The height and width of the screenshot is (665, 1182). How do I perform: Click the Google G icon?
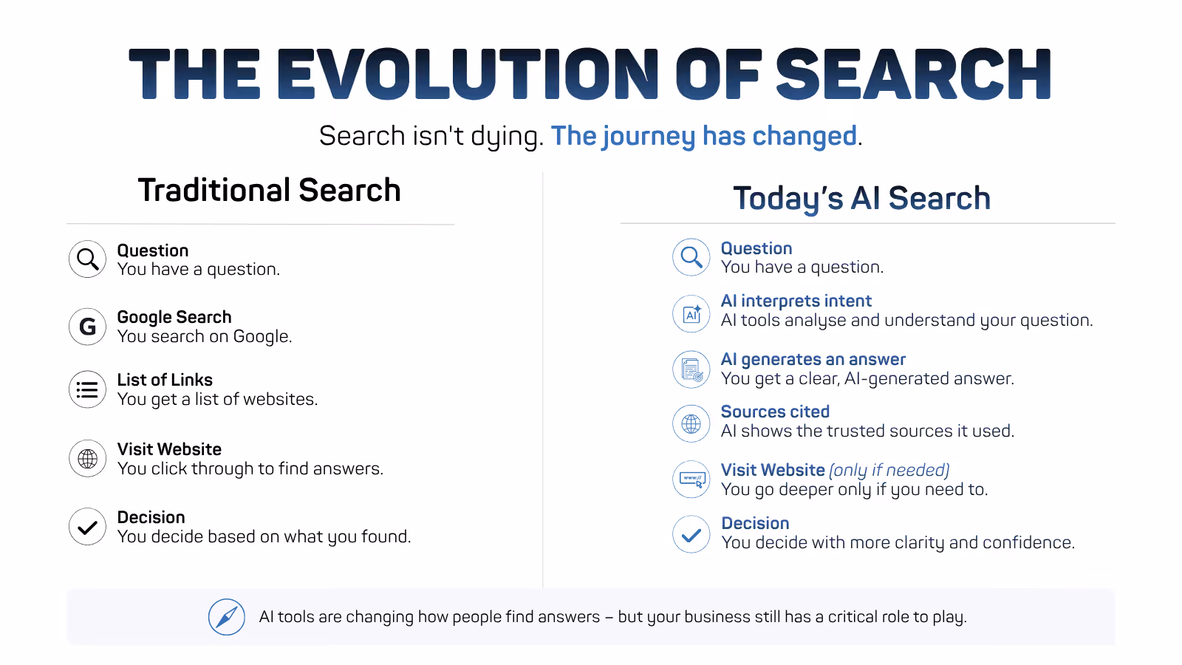(x=88, y=327)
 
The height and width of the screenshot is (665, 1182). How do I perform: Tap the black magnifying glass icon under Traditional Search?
(x=88, y=259)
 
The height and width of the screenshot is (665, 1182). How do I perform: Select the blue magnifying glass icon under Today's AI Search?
(x=691, y=257)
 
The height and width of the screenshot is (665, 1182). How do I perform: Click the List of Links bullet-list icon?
(x=88, y=389)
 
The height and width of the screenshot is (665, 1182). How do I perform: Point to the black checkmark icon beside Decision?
(x=88, y=527)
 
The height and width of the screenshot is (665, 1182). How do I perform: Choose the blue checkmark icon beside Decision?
(x=691, y=535)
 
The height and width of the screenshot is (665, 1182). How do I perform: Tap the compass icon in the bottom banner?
(x=227, y=617)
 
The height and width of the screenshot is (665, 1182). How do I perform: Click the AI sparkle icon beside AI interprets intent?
(x=691, y=313)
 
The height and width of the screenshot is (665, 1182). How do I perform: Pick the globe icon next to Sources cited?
(x=691, y=423)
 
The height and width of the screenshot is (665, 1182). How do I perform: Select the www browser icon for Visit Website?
(x=691, y=480)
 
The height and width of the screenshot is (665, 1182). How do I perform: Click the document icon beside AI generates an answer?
(x=691, y=369)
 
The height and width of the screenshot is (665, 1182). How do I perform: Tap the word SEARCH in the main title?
(x=913, y=74)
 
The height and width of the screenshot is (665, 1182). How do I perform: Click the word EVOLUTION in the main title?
(x=468, y=74)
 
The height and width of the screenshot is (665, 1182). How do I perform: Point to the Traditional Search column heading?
(x=269, y=190)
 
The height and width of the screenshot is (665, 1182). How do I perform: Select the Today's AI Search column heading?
(x=861, y=199)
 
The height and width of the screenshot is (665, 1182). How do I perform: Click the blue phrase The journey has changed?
(x=704, y=136)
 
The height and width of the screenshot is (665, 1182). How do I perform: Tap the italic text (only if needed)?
(x=889, y=470)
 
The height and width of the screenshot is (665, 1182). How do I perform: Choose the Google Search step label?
(x=174, y=317)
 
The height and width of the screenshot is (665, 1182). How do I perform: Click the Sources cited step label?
(x=775, y=412)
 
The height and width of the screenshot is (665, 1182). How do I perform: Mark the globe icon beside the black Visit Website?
(x=88, y=459)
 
